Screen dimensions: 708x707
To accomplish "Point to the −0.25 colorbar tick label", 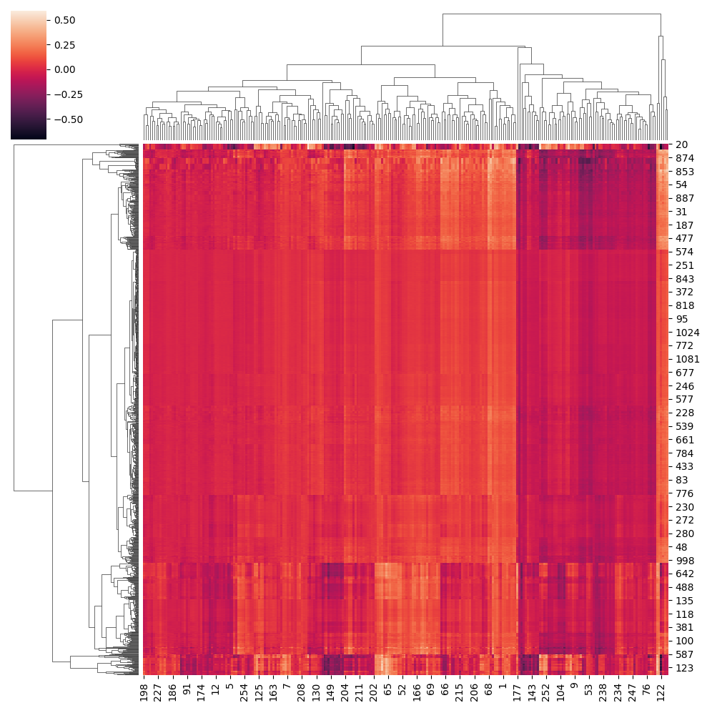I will [66, 94].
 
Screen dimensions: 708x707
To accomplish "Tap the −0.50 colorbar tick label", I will [66, 119].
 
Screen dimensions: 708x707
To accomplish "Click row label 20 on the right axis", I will [681, 144].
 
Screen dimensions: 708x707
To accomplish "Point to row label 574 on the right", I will [683, 252].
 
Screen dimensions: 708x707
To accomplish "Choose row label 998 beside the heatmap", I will [683, 560].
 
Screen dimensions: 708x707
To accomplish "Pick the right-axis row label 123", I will [683, 667].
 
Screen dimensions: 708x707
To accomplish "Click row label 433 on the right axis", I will [683, 466].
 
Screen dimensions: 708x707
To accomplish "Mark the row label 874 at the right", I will [683, 158].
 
